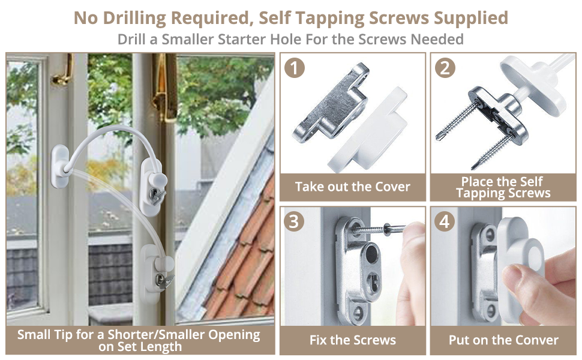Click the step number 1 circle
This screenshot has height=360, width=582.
295,68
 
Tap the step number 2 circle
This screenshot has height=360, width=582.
445,68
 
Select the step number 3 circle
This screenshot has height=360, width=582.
294,221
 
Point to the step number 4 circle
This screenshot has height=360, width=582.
445,221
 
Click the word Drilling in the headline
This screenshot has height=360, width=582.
134,18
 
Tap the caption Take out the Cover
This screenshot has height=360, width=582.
353,187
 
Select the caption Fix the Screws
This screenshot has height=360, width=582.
353,340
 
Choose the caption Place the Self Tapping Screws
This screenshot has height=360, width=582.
503,187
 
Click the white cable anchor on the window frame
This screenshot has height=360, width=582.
61,166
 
